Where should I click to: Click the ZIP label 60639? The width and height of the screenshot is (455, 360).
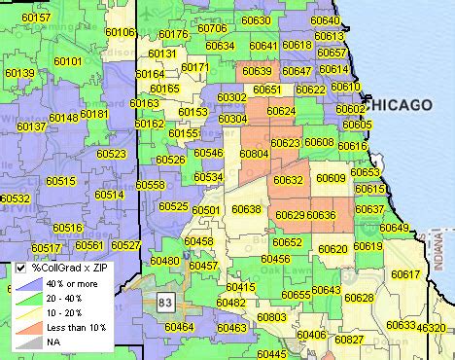pos(258,71)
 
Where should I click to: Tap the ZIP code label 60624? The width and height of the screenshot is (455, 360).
pos(281,112)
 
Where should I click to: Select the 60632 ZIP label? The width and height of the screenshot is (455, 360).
pos(289,181)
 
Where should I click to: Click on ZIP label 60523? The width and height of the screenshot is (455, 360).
pos(112,155)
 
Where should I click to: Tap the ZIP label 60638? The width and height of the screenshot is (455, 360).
pos(246,210)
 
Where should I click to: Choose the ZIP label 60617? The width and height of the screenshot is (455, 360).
pos(406,275)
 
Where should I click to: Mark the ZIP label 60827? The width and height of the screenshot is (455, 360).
pos(349,340)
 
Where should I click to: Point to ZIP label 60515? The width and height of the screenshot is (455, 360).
pos(60,182)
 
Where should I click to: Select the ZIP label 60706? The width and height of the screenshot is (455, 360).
pos(212,29)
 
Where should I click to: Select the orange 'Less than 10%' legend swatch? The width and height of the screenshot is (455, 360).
pos(28,326)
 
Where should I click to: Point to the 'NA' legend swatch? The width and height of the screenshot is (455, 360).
pos(28,342)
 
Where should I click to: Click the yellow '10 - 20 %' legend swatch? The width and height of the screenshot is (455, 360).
pos(28,311)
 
